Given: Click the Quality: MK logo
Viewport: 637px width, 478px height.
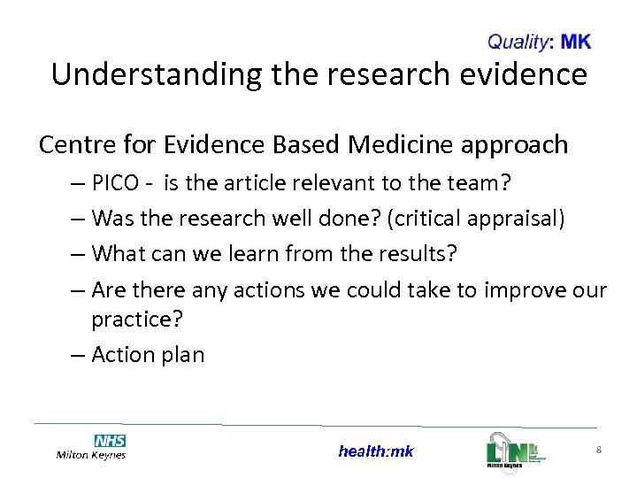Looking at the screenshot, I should (539, 42).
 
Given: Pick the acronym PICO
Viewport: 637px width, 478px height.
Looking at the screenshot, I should (115, 184).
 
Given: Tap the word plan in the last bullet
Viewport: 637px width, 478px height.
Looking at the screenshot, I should (183, 356).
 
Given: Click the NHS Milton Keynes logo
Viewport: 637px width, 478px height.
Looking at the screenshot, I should (91, 447).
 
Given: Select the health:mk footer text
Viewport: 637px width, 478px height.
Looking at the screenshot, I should (375, 451).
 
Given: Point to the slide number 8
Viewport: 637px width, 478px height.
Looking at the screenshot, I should (599, 451).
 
